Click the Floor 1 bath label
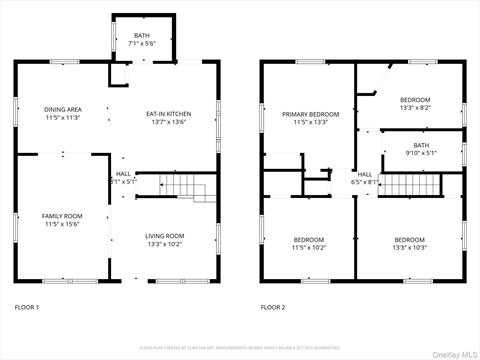point(141,36)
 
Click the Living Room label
point(167,235)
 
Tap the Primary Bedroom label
point(310,114)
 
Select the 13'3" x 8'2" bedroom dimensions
point(415,108)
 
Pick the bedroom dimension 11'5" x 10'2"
point(308,247)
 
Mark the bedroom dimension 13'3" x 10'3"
point(409,247)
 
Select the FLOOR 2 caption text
point(273,307)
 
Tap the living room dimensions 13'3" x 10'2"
point(167,243)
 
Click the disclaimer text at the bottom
point(240,347)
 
